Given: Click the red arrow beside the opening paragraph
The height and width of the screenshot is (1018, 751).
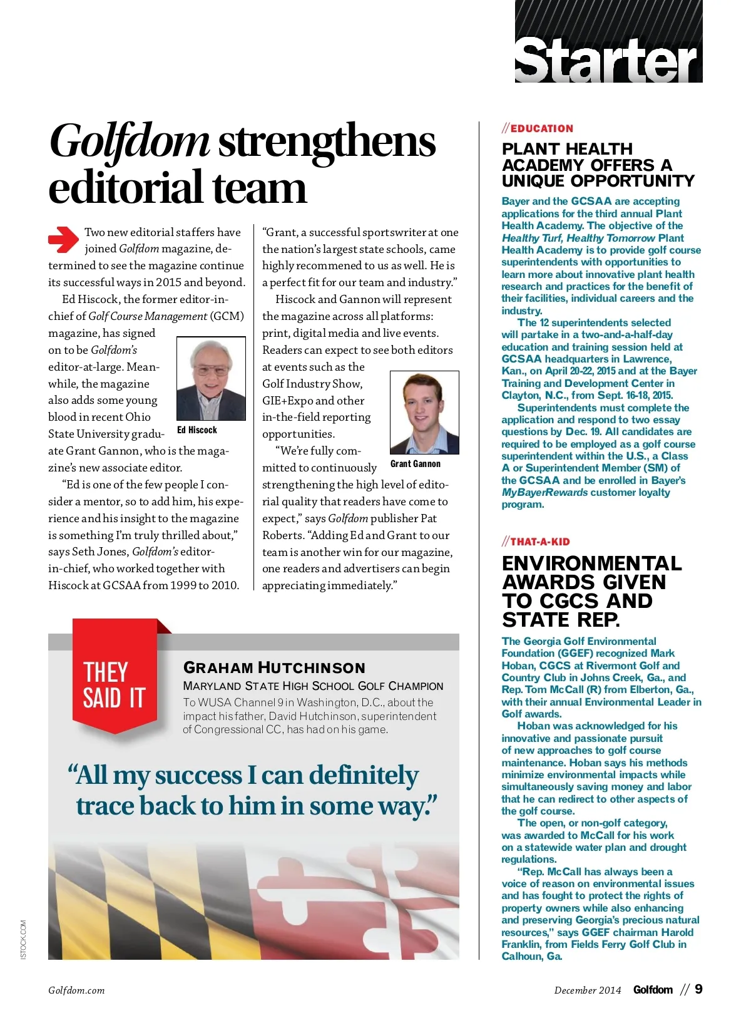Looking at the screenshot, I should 63,239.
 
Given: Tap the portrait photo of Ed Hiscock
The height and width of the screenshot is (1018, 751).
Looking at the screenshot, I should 211,379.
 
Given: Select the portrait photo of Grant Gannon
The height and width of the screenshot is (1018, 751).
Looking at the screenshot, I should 424,412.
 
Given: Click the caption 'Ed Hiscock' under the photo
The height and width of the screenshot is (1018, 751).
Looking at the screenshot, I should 197,430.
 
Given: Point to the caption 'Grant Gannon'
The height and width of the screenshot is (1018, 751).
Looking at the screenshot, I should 415,464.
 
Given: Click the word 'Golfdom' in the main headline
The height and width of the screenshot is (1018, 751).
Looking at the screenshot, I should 129,141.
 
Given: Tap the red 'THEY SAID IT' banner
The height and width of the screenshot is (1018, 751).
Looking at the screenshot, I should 115,684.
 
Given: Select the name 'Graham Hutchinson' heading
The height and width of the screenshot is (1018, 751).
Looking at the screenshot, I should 274,667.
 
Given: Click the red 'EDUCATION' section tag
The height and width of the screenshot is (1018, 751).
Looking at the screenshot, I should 541,128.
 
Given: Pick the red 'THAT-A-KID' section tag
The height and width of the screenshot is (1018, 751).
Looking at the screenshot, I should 539,542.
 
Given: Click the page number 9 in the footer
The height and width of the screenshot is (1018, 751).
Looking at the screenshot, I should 698,989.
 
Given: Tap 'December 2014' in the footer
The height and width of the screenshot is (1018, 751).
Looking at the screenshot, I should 587,990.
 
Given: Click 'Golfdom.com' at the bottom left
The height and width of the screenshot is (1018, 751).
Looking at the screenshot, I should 76,990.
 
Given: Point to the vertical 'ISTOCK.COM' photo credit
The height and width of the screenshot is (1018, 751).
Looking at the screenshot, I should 23,939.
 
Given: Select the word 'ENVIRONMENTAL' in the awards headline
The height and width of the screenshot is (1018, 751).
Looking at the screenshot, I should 591,563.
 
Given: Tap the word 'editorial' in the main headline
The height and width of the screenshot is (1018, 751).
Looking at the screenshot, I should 125,188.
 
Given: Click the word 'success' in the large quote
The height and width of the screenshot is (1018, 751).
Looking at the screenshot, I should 198,776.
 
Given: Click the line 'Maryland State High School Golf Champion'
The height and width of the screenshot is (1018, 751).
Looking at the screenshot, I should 313,686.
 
